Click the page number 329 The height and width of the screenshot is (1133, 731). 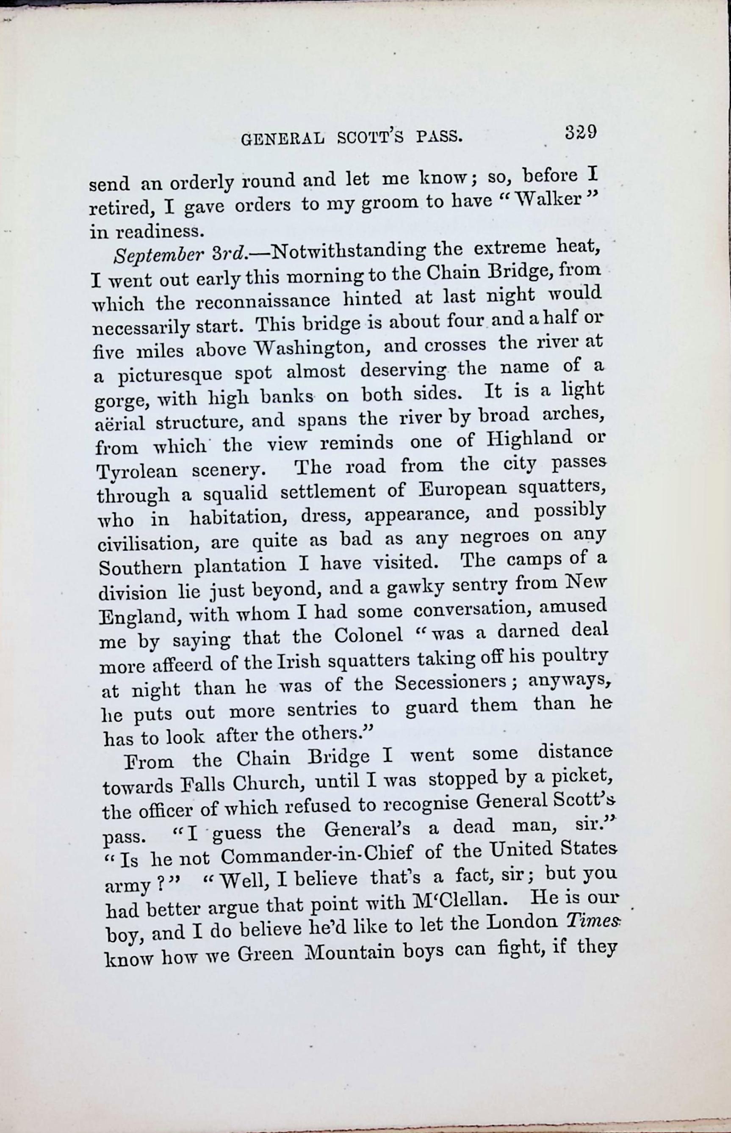click(580, 132)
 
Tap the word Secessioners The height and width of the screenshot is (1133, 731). click(451, 684)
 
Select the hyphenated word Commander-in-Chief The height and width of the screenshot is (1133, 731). click(317, 855)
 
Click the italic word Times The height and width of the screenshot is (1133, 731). click(593, 921)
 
